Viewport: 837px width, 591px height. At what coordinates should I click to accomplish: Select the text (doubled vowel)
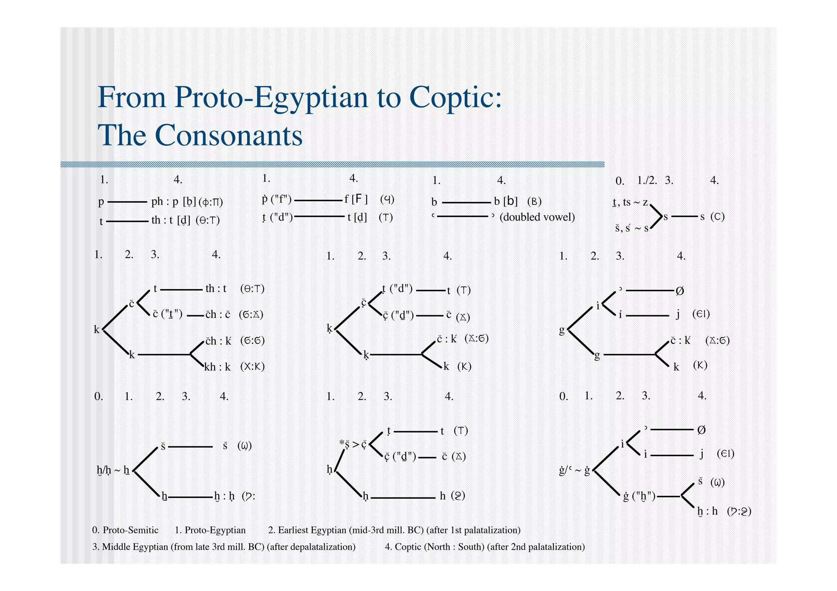pos(537,217)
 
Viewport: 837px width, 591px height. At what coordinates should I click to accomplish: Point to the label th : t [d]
pos(171,221)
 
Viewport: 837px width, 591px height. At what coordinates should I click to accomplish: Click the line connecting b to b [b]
pos(466,202)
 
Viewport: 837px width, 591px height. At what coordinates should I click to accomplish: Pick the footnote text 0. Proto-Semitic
pos(125,530)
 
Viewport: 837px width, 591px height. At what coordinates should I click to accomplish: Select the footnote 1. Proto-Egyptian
pos(210,530)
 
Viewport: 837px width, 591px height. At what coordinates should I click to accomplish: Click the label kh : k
pos(217,367)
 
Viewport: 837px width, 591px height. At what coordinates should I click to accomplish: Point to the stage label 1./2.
pos(647,180)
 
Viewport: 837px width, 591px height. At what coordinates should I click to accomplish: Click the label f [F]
pos(356,199)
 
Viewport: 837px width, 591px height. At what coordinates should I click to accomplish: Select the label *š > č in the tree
pos(354,444)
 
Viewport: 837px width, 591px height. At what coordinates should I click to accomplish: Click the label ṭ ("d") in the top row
pos(278,217)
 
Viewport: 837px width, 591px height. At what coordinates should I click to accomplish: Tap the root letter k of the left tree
pos(96,329)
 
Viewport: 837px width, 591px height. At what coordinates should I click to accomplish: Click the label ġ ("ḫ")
pos(639,497)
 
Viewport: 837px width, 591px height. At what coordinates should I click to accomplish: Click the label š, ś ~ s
pos(632,228)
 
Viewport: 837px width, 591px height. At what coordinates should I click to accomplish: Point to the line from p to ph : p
pos(127,202)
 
